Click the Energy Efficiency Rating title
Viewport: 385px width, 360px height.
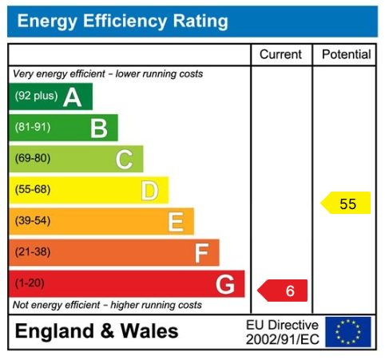[122, 22]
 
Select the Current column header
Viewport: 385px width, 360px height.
[281, 54]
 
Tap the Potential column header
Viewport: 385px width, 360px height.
[346, 54]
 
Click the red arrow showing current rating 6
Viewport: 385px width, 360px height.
[284, 291]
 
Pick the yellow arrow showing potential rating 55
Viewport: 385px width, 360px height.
[347, 204]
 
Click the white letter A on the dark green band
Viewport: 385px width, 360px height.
[73, 97]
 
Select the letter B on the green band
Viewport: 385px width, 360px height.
[98, 128]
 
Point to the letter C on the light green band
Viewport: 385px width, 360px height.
[124, 160]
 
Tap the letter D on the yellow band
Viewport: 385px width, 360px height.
[149, 191]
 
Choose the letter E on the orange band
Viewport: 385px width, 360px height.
[176, 221]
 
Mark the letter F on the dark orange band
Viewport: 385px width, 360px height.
[201, 253]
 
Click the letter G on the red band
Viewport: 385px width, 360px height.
[225, 283]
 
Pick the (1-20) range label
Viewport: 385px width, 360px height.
[30, 283]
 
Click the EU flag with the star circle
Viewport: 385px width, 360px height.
[348, 331]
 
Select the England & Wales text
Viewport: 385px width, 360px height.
[97, 331]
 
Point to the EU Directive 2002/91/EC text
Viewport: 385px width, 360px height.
[282, 332]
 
